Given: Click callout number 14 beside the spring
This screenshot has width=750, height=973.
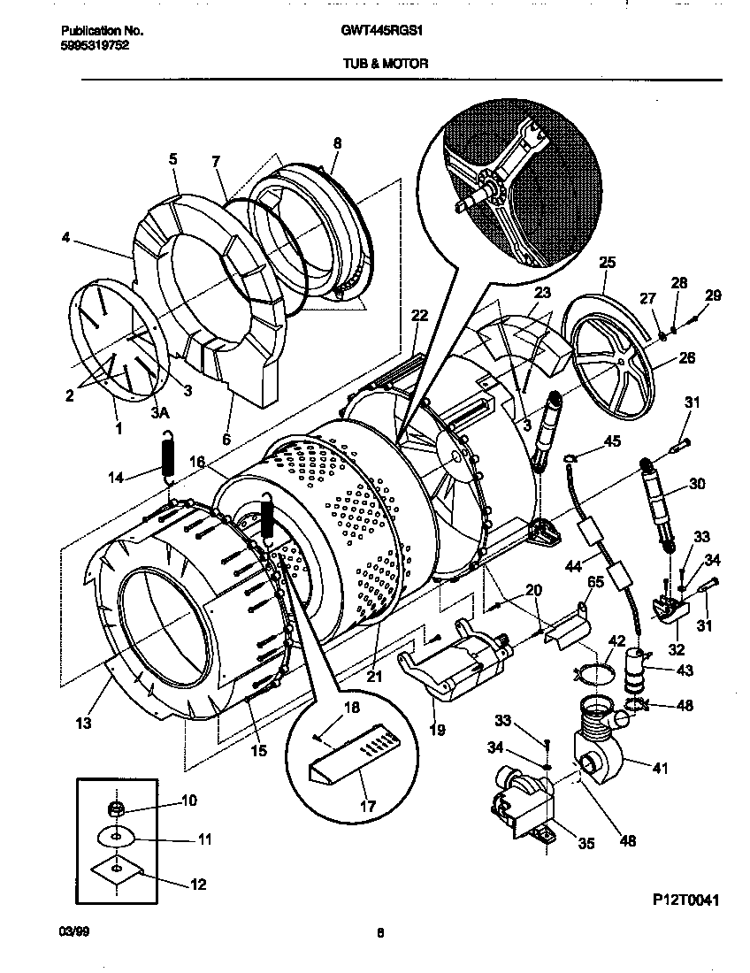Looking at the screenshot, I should pos(114,478).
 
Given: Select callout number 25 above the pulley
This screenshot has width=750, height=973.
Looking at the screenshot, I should pos(607,263).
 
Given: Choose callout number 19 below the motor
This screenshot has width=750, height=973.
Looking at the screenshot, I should pos(437,730).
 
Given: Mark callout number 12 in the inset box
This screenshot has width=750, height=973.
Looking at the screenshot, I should pos(197,883).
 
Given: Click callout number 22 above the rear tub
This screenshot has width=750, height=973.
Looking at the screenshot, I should pos(419,316).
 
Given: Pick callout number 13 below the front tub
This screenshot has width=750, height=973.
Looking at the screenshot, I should pos(82,723).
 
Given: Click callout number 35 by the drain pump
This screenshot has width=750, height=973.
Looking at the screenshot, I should pos(585,843).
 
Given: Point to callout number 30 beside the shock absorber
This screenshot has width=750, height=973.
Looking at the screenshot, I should pos(697,484).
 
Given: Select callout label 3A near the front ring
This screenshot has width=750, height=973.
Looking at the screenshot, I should pos(160,412).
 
